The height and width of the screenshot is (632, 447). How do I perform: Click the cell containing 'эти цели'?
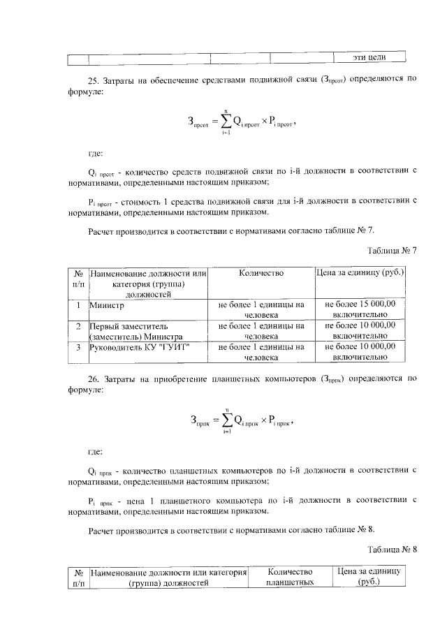pyautogui.click(x=368, y=57)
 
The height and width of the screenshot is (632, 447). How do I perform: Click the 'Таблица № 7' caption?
pyautogui.click(x=392, y=250)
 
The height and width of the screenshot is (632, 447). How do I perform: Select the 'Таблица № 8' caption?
pyautogui.click(x=392, y=549)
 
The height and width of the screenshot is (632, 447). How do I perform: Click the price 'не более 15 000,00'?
pyautogui.click(x=360, y=305)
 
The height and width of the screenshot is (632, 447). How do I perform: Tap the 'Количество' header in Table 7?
pyautogui.click(x=261, y=274)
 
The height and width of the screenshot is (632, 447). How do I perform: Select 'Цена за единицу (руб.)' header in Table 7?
pyautogui.click(x=360, y=274)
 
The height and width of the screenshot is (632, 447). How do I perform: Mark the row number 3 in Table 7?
pyautogui.click(x=78, y=346)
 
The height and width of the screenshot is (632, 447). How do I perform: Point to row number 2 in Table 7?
pyautogui.click(x=78, y=326)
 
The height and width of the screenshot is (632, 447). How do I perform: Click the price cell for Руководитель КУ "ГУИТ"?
pyautogui.click(x=360, y=351)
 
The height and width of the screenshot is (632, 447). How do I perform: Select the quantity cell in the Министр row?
pyautogui.click(x=261, y=310)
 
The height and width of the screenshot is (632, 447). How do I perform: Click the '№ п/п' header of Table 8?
pyautogui.click(x=78, y=576)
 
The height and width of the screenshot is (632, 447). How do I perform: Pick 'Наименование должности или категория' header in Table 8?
pyautogui.click(x=169, y=576)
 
